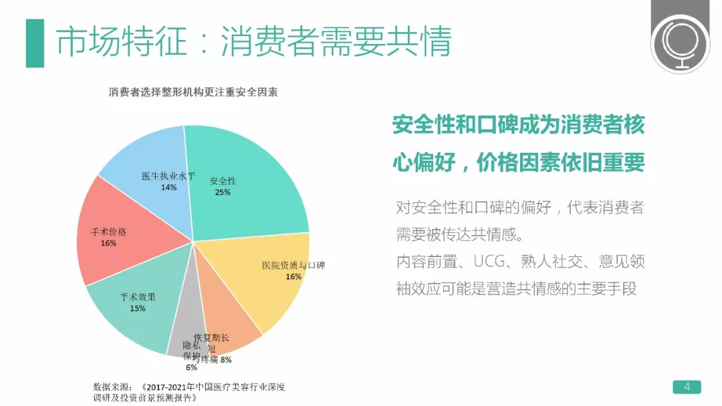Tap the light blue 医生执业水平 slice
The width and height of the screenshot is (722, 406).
click(x=150, y=160)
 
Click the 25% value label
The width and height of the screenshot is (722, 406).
click(x=223, y=192)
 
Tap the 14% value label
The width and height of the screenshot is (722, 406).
click(x=168, y=188)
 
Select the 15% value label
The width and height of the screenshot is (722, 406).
click(x=138, y=309)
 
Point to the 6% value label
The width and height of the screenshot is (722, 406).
click(x=191, y=367)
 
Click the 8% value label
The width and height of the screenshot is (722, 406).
click(x=226, y=361)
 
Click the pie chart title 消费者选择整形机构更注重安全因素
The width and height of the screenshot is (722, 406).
click(x=193, y=93)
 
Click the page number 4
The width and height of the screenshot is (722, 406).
click(x=686, y=386)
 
